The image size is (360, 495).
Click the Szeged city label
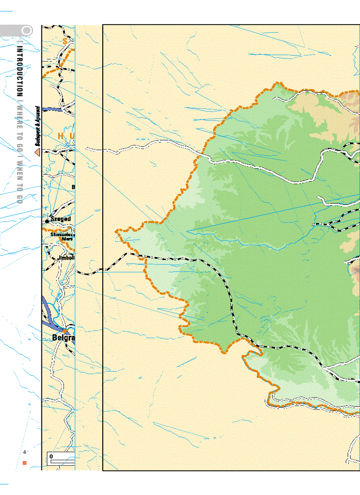point(61,219)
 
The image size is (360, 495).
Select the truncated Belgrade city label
point(64,339)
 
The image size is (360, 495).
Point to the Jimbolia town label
point(67,257)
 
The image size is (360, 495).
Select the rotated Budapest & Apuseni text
point(38,126)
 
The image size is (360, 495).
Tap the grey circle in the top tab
point(27,31)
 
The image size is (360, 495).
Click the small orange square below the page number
point(25,463)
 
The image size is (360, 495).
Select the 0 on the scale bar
point(52,456)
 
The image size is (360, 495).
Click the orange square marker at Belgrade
point(64,330)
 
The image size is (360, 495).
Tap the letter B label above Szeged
point(73,187)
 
